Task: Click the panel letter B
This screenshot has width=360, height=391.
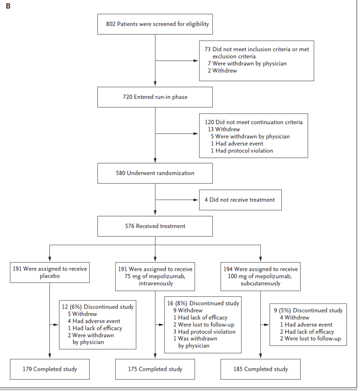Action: tap(8, 6)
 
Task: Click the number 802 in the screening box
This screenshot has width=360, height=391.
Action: tap(111, 24)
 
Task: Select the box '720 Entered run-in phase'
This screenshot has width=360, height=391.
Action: tap(155, 97)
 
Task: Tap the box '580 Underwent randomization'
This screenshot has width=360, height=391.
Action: tap(155, 173)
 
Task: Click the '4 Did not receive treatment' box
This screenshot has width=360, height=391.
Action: tap(241, 200)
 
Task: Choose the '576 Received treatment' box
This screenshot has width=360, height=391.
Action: tap(155, 226)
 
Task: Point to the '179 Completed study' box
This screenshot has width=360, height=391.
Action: tap(50, 369)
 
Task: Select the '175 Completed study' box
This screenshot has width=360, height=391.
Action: tap(155, 369)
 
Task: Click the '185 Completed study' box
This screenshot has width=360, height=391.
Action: tap(260, 369)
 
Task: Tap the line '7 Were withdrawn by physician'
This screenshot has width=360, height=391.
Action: tap(247, 64)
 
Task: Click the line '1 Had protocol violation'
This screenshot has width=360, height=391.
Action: tap(242, 150)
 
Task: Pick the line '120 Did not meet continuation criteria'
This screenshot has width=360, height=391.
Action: tap(253, 122)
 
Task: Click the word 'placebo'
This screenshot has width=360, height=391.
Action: tap(50, 276)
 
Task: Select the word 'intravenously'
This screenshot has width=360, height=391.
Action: tap(156, 284)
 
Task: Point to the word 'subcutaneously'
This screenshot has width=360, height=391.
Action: tap(260, 284)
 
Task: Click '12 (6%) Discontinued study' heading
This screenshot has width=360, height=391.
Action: tap(97, 307)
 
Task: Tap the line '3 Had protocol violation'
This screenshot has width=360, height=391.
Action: tap(204, 332)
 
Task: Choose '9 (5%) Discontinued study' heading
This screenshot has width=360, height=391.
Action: tap(308, 310)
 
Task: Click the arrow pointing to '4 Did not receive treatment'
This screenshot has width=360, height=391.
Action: tap(177, 200)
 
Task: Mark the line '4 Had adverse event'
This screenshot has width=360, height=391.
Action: tap(94, 321)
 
